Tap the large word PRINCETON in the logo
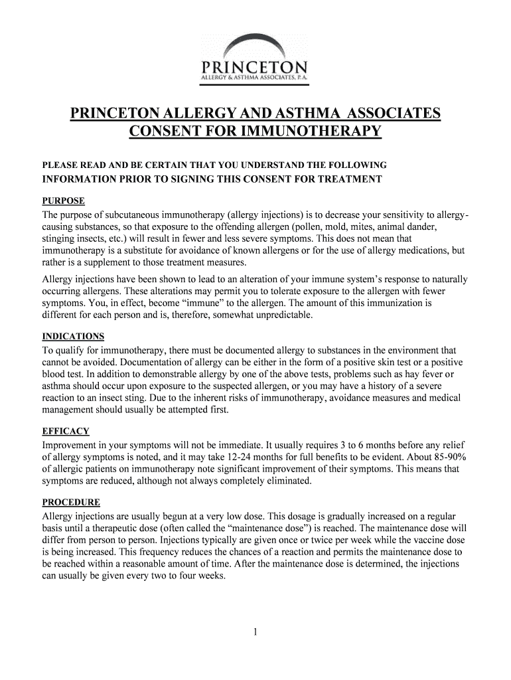[255, 68]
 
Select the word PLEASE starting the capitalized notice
[60, 165]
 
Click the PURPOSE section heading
[64, 201]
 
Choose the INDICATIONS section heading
[73, 336]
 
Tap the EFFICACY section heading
[66, 430]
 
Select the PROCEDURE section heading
[71, 502]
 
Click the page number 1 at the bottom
[255, 632]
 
